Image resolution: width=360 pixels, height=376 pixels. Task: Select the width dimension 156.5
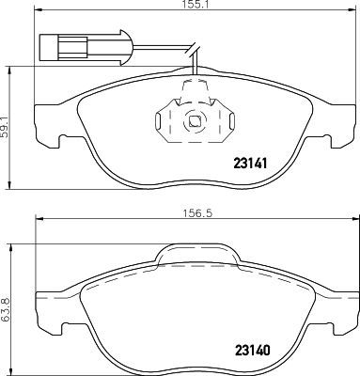194,213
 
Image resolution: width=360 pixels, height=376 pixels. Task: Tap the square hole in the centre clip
194,120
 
